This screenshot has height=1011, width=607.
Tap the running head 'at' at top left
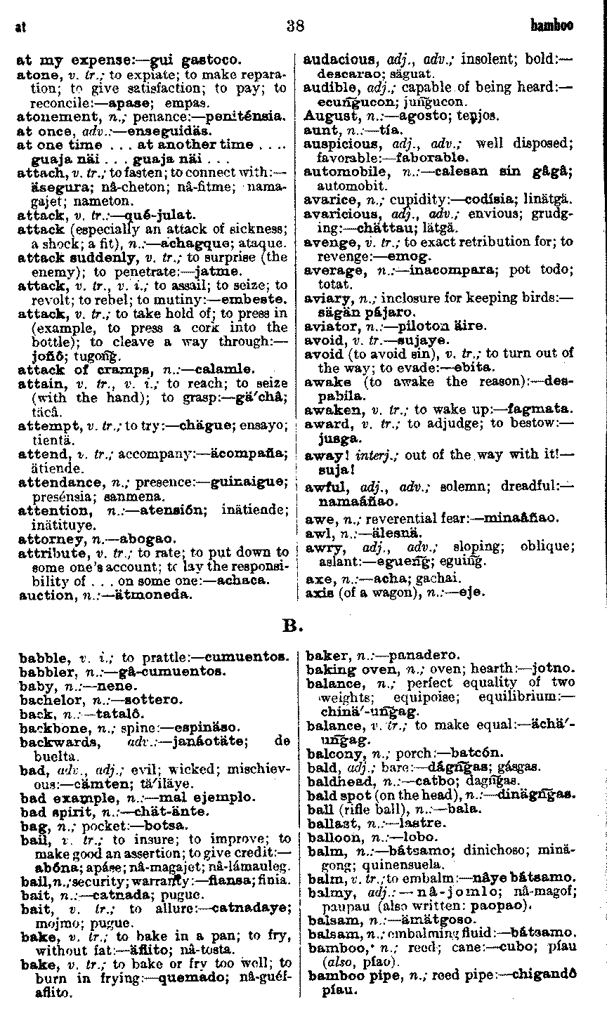[x=20, y=28]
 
